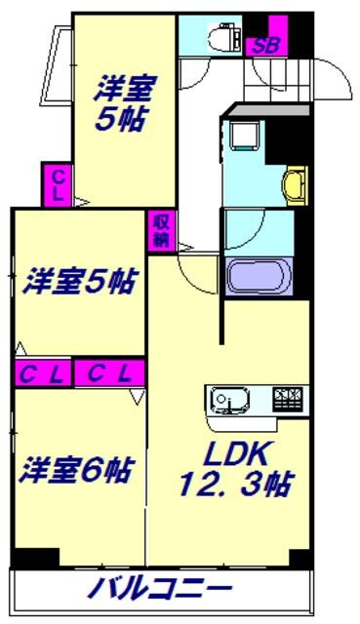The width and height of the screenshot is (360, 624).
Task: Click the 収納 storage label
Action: tap(160, 231)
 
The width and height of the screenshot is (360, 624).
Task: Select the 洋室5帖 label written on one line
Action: tap(78, 283)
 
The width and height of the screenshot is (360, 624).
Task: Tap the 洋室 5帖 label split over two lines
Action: tap(122, 102)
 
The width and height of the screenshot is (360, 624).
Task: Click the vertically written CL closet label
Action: tap(59, 184)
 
